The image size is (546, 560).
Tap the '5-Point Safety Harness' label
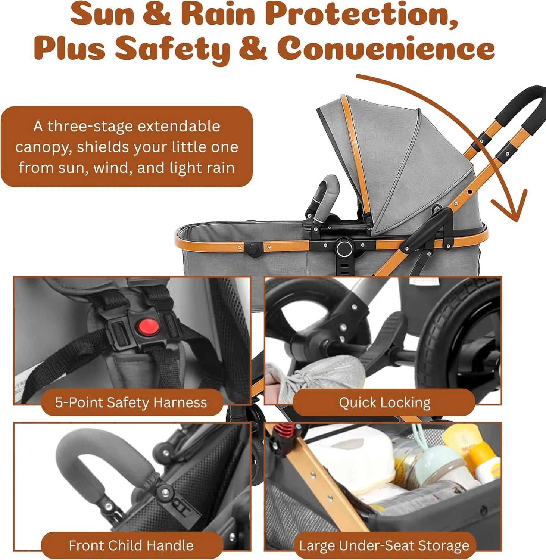click(x=131, y=402)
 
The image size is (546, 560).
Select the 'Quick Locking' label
click(x=384, y=402)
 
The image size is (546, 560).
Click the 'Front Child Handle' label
click(x=131, y=545)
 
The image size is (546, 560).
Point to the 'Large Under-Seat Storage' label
click(x=384, y=545)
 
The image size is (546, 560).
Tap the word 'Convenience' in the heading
click(x=386, y=48)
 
